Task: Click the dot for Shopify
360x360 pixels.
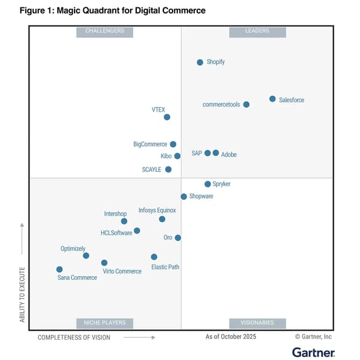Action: click(x=200, y=62)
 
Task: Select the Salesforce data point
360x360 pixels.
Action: click(x=272, y=99)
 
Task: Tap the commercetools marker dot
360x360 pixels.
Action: click(x=247, y=105)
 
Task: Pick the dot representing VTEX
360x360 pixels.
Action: click(x=167, y=117)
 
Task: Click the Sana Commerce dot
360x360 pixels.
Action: click(x=59, y=269)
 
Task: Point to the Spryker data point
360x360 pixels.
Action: click(x=208, y=184)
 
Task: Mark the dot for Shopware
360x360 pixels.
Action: click(x=184, y=197)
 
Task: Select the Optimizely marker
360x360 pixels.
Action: click(x=86, y=256)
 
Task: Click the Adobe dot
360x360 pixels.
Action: click(x=216, y=153)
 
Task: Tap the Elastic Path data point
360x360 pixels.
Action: click(x=154, y=257)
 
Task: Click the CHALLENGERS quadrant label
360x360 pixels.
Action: click(x=104, y=31)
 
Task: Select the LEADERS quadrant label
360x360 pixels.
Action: click(x=257, y=31)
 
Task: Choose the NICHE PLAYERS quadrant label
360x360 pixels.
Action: click(x=104, y=323)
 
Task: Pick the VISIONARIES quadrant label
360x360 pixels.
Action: click(x=257, y=323)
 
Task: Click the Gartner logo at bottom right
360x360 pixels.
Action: click(x=313, y=352)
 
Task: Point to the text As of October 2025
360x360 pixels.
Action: click(x=231, y=337)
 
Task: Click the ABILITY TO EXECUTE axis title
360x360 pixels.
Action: click(x=22, y=294)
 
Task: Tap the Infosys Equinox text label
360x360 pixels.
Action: click(x=157, y=210)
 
